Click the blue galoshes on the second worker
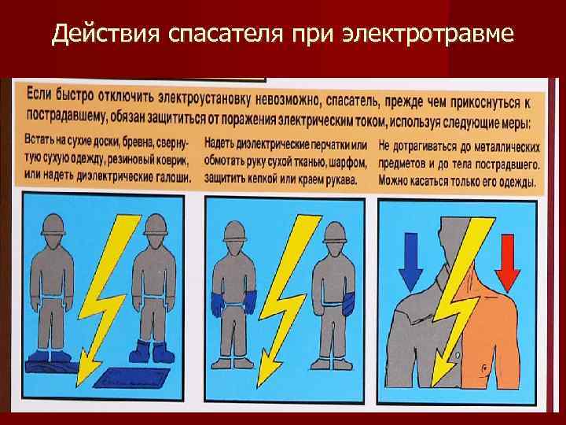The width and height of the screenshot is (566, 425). [153, 350]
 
